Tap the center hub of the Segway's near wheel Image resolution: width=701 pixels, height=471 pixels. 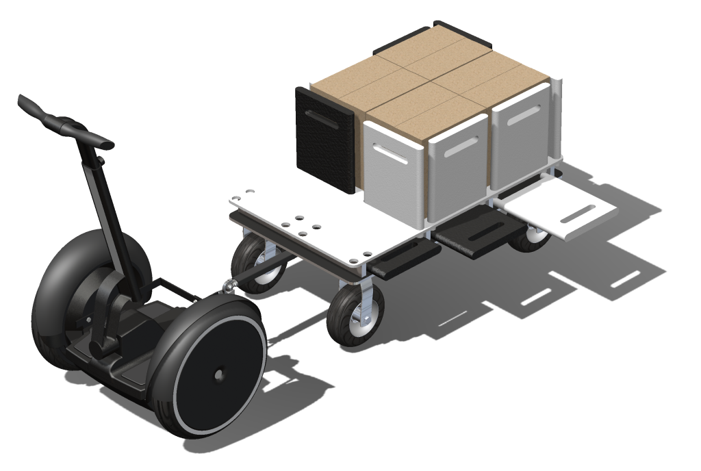[x=218, y=374]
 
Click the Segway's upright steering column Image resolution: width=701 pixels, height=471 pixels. [x=103, y=205]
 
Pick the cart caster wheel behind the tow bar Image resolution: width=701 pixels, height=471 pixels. [x=256, y=264]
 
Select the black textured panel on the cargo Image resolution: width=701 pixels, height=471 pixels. [x=325, y=140]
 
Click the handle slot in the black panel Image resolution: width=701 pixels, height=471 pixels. [x=324, y=116]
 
